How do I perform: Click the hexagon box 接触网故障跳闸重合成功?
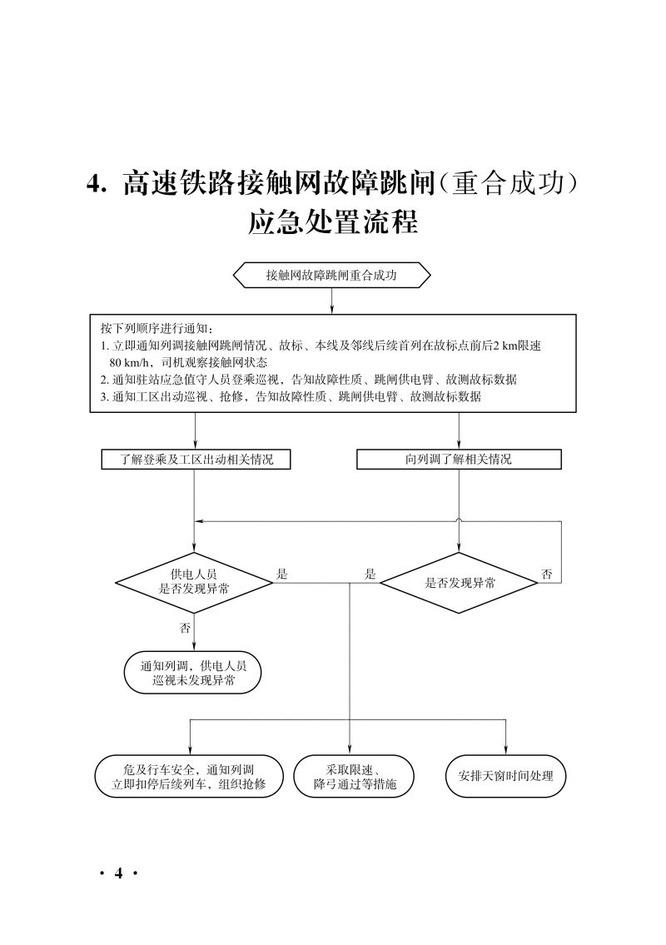[332, 276]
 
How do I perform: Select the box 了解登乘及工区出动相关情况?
[196, 460]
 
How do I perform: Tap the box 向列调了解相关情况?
[459, 460]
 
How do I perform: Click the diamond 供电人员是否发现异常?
[194, 582]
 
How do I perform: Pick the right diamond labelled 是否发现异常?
[460, 583]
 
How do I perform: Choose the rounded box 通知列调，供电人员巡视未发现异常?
[193, 673]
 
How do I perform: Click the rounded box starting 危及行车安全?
[188, 776]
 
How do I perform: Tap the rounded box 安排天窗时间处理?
[505, 776]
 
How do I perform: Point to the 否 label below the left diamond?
[185, 629]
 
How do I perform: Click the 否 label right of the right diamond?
[547, 574]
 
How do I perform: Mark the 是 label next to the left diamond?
[282, 574]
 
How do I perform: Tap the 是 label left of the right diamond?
[370, 574]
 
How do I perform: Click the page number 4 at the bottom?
[118, 873]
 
